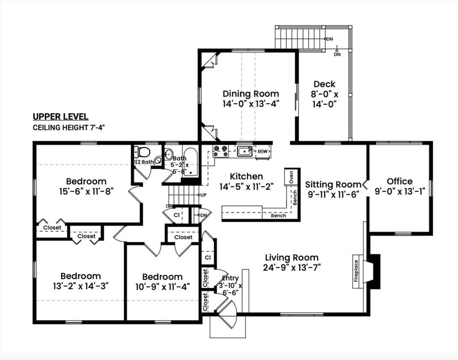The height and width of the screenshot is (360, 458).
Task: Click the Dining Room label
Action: click(250, 94)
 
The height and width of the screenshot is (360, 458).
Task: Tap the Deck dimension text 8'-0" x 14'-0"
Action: click(324, 99)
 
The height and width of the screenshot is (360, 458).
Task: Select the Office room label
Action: click(399, 181)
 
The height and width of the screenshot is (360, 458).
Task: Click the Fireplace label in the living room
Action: click(356, 271)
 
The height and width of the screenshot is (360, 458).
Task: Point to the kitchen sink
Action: click(245, 151)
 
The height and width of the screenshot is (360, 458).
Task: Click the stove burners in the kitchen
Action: click(220, 151)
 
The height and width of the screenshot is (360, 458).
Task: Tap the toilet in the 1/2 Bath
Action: click(142, 152)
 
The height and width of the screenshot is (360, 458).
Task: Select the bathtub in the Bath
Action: click(191, 162)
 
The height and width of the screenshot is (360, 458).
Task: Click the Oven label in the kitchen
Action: click(291, 177)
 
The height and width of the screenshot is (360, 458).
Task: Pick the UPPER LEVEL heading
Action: click(60, 116)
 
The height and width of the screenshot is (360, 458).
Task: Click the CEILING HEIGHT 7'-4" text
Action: click(68, 127)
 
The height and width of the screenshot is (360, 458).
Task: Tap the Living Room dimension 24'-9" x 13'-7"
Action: click(292, 267)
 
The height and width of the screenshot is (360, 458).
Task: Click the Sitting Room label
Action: click(333, 185)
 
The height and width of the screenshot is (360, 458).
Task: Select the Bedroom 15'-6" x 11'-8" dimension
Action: click(86, 191)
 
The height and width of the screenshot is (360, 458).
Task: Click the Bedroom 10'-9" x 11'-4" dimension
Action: click(163, 286)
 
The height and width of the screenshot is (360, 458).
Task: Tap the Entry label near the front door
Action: click(230, 278)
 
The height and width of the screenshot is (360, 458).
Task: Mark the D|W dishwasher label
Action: click(263, 151)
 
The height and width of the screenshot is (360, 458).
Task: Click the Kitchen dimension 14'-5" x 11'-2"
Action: click(246, 186)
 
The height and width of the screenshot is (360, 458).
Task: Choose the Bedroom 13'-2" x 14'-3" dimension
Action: click(81, 286)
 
